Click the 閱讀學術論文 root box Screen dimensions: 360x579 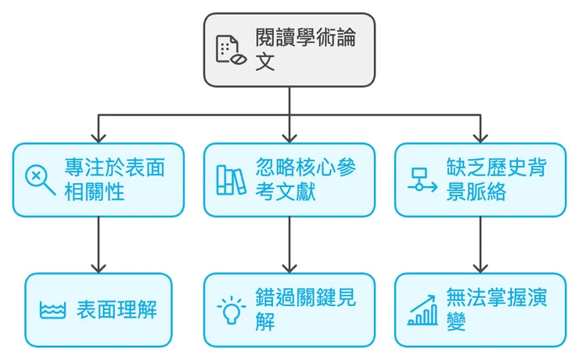click(289, 49)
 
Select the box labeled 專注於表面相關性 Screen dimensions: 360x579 click(98, 179)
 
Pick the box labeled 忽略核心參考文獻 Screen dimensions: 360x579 click(289, 179)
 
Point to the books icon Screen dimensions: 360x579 click(231, 180)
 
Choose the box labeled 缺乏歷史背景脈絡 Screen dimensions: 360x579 click(480, 179)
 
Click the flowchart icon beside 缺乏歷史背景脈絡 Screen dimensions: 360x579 click(423, 180)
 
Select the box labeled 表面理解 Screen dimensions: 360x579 click(98, 309)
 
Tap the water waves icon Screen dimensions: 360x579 click(52, 310)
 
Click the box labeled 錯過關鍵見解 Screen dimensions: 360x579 click(289, 309)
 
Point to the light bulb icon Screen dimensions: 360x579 click(231, 310)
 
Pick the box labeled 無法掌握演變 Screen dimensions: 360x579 click(480, 309)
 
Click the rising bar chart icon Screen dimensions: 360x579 click(423, 310)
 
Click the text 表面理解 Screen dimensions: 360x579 click(117, 310)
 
